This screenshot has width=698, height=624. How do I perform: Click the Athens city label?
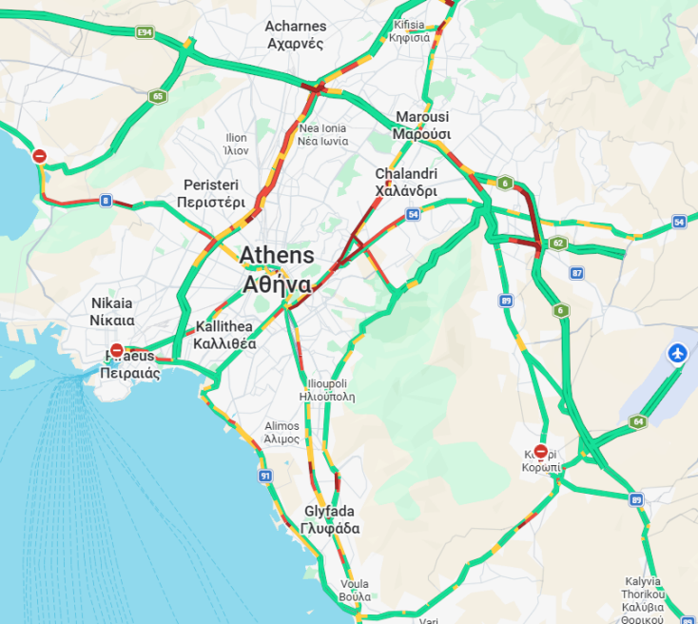pyautogui.click(x=277, y=269)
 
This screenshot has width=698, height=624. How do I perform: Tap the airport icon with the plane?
pyautogui.click(x=678, y=354)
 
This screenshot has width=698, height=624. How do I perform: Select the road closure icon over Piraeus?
pyautogui.click(x=117, y=351)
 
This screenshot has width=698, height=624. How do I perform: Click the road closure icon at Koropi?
pyautogui.click(x=541, y=452)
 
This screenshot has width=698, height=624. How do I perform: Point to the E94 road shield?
pyautogui.click(x=145, y=32)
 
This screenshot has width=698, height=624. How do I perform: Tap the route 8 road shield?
pyautogui.click(x=106, y=201)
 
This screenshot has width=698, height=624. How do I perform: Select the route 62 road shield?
pyautogui.click(x=559, y=244)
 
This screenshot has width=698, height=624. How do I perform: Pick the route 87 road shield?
pyautogui.click(x=577, y=273)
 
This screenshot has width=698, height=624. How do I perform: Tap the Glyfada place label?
pyautogui.click(x=329, y=519)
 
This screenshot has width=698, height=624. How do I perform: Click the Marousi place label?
pyautogui.click(x=421, y=124)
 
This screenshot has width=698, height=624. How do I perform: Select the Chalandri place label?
pyautogui.click(x=406, y=183)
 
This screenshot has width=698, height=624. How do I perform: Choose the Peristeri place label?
pyautogui.click(x=211, y=193)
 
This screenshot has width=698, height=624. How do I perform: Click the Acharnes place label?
pyautogui.click(x=296, y=34)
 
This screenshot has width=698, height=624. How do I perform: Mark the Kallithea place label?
pyautogui.click(x=224, y=335)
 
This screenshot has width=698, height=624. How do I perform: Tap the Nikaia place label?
pyautogui.click(x=113, y=311)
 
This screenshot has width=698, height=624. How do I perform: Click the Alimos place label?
pyautogui.click(x=282, y=433)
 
